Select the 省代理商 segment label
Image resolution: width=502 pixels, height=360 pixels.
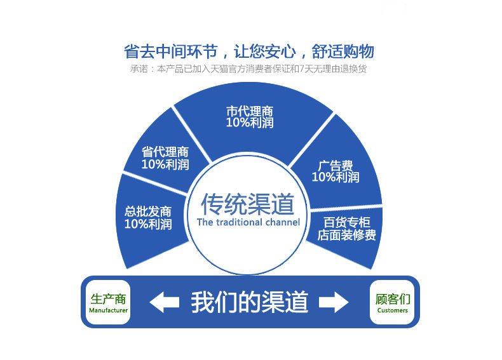coord(165,152)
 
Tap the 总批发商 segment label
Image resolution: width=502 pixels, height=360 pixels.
coord(148,211)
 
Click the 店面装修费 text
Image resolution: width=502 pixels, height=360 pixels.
coord(347,236)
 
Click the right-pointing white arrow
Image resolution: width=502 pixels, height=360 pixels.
coord(334,302)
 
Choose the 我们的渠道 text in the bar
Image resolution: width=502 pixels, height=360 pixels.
coord(250,302)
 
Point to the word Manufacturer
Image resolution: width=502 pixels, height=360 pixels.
coord(108,310)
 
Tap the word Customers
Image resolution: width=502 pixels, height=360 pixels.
coord(393,310)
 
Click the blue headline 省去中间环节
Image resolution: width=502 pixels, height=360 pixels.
coord(166,51)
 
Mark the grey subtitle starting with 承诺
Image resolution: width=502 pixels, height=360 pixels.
coord(248,69)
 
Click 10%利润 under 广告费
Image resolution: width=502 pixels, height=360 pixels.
coord(336,177)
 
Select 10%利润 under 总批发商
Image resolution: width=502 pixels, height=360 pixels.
coord(148,223)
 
